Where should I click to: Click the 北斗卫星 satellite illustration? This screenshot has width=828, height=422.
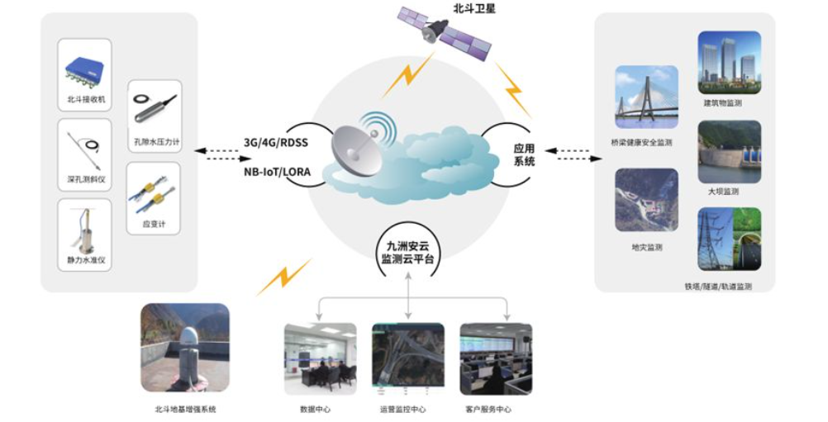[444, 33]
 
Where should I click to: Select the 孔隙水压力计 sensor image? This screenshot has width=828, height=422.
[155, 108]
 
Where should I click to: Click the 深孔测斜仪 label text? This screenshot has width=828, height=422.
[86, 179]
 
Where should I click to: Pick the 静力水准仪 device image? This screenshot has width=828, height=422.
[86, 230]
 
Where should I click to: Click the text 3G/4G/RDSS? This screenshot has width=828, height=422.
[276, 143]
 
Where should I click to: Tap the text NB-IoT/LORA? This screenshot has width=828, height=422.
[277, 172]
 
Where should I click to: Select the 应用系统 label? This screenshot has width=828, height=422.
[524, 155]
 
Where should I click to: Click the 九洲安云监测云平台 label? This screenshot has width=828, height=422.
[407, 252]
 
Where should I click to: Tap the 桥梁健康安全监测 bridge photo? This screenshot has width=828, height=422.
[646, 97]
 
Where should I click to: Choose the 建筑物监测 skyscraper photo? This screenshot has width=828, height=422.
[730, 63]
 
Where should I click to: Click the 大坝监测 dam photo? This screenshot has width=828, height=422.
[730, 152]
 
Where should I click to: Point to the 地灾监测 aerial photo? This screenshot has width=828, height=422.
[646, 200]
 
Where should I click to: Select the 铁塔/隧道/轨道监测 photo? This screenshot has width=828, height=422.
[730, 239]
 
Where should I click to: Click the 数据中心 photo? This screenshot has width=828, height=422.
[320, 359]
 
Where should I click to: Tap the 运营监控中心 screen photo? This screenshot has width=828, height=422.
[408, 359]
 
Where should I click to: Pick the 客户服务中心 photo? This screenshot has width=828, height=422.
[496, 359]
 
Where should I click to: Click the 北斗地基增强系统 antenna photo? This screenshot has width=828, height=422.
[185, 348]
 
